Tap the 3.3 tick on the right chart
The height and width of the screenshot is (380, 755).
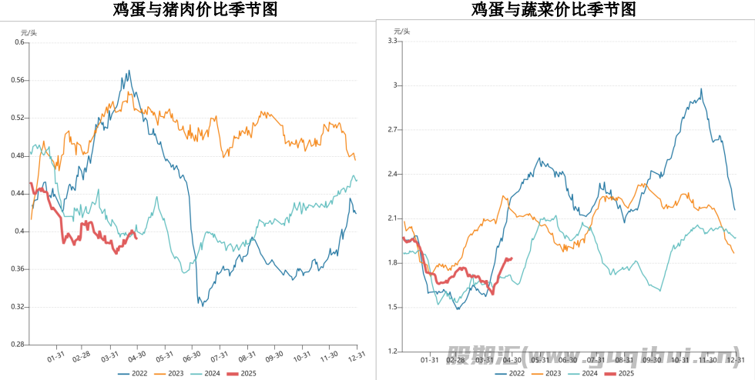tap(391, 41)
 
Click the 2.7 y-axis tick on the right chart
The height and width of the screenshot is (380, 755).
tap(391, 130)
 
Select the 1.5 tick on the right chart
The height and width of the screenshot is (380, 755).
tap(391, 308)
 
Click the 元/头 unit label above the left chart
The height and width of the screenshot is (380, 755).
tap(28, 32)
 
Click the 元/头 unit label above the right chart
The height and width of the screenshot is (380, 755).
tap(402, 31)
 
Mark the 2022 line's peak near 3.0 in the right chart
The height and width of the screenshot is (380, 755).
tap(701, 89)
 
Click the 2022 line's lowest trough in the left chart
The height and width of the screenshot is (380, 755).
tap(203, 305)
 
